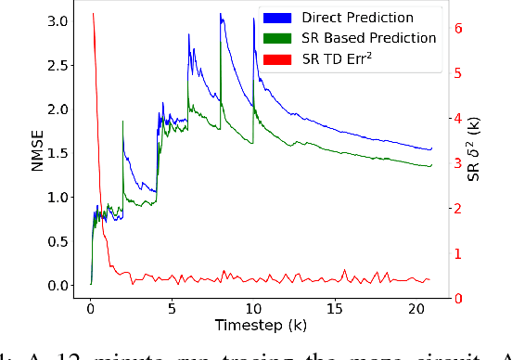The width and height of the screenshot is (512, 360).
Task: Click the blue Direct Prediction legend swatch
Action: tap(274, 18)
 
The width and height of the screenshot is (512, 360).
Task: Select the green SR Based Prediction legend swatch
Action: tap(274, 38)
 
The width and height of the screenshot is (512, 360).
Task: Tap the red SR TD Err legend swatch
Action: tap(274, 58)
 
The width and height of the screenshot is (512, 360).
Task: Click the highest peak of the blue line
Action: tap(221, 14)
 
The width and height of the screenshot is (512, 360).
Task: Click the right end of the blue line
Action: tap(431, 149)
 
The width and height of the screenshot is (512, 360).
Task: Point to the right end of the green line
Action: tap(431, 166)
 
